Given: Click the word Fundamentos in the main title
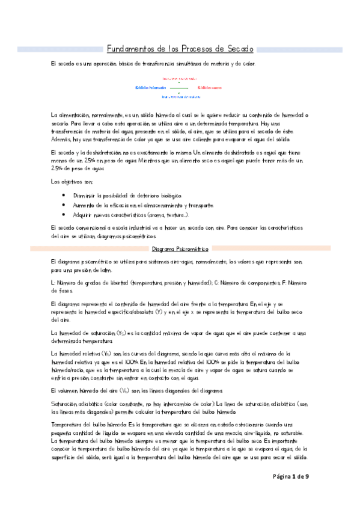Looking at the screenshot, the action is [128, 49].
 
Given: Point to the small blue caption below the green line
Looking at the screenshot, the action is [181, 96].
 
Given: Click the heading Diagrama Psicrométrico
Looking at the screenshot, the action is [180, 248].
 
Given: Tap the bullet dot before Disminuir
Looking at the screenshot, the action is [64, 195].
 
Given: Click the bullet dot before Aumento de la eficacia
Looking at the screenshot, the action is [64, 205].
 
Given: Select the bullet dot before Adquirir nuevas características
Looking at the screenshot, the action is [64, 215].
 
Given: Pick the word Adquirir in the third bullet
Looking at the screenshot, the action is [81, 215].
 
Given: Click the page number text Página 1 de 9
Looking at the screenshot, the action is [288, 493].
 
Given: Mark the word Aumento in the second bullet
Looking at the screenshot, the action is [82, 205].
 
